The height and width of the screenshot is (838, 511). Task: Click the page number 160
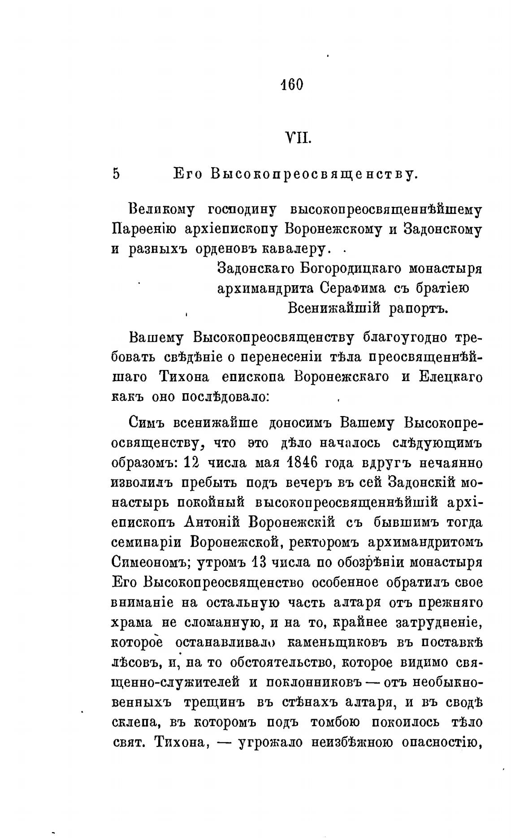pos(292,84)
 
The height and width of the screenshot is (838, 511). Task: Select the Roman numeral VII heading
pos(298,137)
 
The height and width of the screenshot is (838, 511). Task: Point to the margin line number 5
pos(117,174)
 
